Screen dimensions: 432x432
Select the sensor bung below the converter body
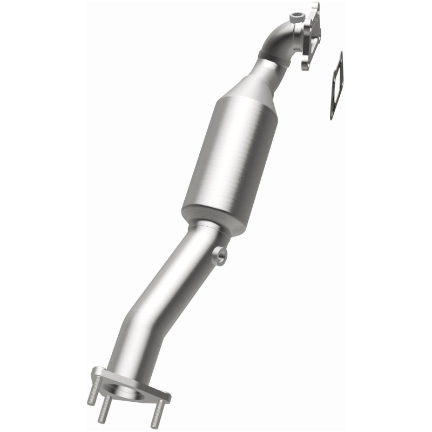click(220, 255)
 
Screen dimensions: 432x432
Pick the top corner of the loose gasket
click(341, 54)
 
